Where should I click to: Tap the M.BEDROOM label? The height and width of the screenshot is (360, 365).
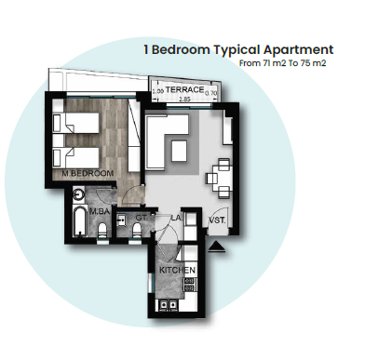click(88, 174)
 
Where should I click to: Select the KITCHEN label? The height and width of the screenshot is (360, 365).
click(176, 268)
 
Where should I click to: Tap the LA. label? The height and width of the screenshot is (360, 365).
click(175, 219)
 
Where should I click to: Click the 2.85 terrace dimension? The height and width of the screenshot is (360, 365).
click(184, 98)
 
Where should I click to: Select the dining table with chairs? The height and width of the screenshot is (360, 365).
click(221, 171)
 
